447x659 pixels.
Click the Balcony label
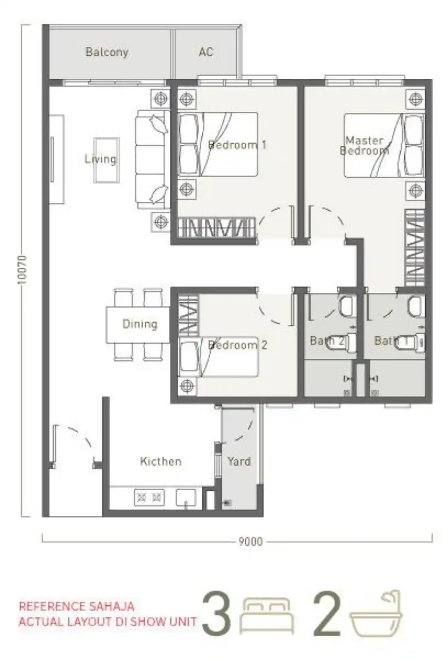[x=107, y=52]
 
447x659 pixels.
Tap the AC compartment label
[x=205, y=52]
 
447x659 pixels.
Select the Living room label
[x=100, y=159]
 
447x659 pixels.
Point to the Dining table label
[x=140, y=324]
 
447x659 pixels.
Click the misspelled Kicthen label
[x=161, y=461]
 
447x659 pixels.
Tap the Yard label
[x=239, y=461]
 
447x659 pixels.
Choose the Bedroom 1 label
[x=237, y=145]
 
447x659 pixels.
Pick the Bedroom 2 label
[x=237, y=345]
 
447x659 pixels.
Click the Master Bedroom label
[x=364, y=146]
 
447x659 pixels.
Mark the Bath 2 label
[x=327, y=341]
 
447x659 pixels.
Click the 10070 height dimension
[x=22, y=270]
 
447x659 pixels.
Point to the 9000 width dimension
[x=250, y=542]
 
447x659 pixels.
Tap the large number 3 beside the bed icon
[x=216, y=613]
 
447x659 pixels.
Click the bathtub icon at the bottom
[x=376, y=613]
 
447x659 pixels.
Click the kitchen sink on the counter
[x=186, y=498]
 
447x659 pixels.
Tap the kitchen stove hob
[x=149, y=497]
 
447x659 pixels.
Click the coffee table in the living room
[x=107, y=160]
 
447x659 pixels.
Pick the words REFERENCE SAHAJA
[x=77, y=606]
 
